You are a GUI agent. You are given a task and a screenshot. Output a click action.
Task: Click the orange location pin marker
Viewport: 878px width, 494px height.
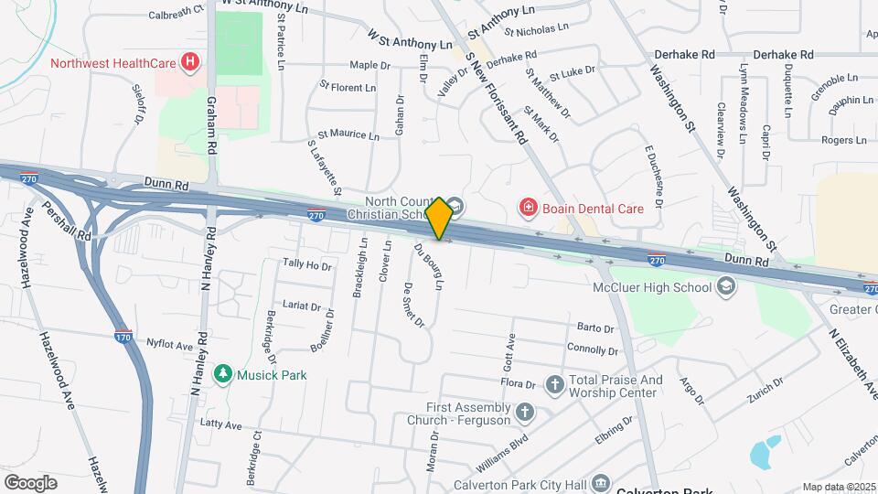pos(439,219)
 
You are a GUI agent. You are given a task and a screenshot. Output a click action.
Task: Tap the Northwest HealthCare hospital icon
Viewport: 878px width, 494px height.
pos(190,63)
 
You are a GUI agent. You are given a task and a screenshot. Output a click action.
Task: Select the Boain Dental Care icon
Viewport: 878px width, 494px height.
pos(528,209)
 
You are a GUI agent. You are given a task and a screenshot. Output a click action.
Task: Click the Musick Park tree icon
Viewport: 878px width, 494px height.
pos(221,374)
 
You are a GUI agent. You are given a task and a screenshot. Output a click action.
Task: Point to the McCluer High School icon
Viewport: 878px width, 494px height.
pos(725,288)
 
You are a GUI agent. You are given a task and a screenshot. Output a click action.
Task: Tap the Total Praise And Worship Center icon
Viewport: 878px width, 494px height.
pos(555,384)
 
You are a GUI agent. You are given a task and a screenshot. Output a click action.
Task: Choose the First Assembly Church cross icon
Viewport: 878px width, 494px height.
pos(524,411)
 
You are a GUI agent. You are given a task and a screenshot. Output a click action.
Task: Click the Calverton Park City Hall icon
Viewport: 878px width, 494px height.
pos(601,483)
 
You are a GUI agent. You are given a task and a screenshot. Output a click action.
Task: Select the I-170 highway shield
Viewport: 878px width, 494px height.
pos(124,338)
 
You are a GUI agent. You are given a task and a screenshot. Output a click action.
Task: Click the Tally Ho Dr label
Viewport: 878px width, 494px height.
pos(306,264)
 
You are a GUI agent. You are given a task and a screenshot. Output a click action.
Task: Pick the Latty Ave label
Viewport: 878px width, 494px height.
pos(220,425)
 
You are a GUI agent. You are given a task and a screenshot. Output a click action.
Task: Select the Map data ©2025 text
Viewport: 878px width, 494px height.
pos(839,487)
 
